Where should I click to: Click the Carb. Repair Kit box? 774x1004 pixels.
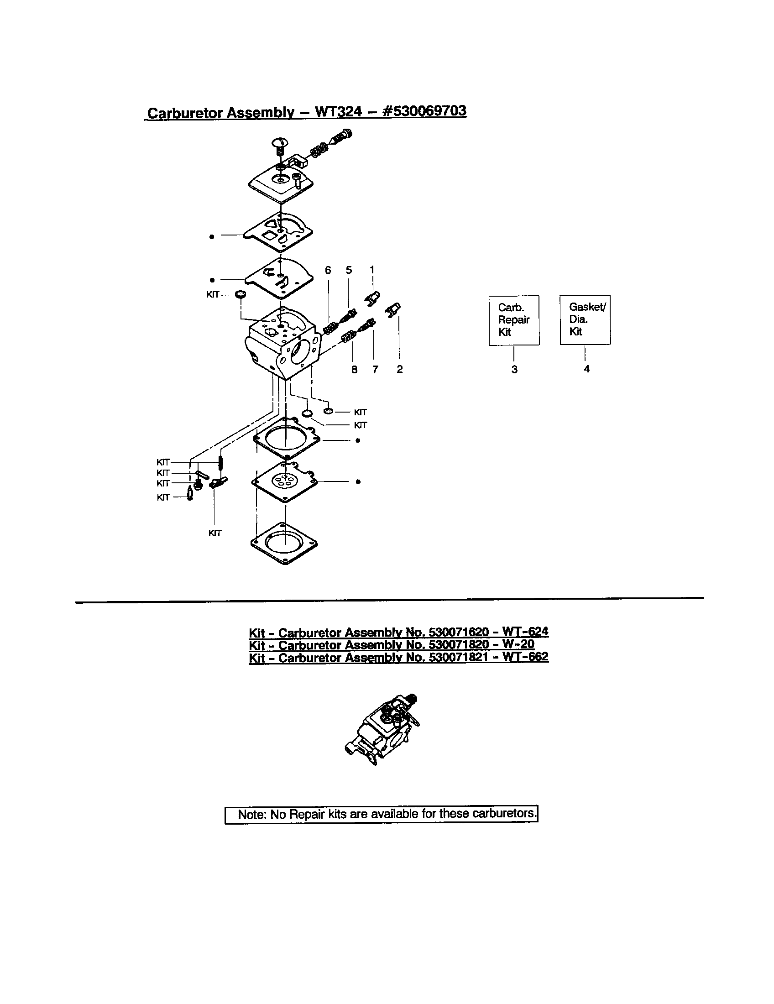pyautogui.click(x=514, y=320)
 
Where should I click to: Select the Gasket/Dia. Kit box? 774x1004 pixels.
pyautogui.click(x=585, y=319)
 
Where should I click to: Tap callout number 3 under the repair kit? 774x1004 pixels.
pyautogui.click(x=514, y=369)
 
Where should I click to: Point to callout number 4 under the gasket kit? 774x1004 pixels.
pyautogui.click(x=586, y=369)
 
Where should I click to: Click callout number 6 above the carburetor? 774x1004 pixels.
pyautogui.click(x=328, y=270)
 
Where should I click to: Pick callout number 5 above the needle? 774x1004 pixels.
pyautogui.click(x=349, y=270)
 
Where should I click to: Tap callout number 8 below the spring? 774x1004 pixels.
pyautogui.click(x=354, y=369)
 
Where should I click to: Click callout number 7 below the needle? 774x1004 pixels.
pyautogui.click(x=375, y=369)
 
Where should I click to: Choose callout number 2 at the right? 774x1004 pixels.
pyautogui.click(x=399, y=369)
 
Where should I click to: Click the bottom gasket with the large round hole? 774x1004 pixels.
pyautogui.click(x=285, y=543)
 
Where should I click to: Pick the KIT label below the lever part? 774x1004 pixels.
pyautogui.click(x=214, y=533)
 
